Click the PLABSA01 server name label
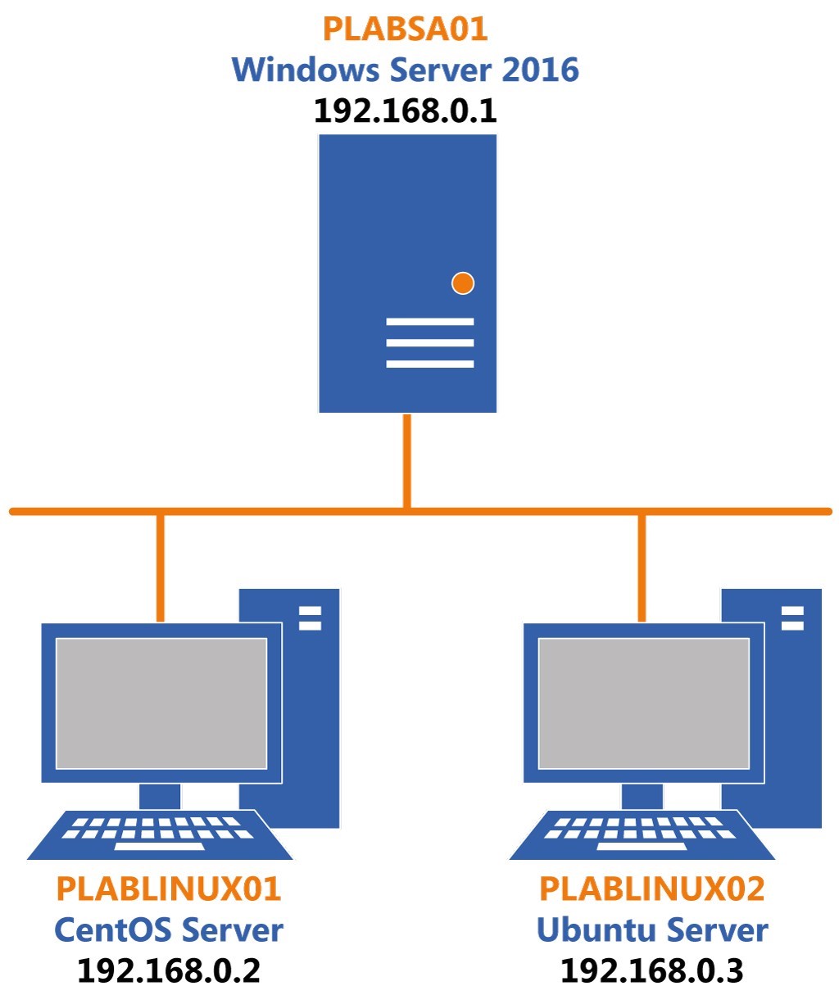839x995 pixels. click(405, 29)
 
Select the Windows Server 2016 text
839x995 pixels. click(405, 70)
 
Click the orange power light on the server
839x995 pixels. click(463, 283)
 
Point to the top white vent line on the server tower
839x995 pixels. click(430, 322)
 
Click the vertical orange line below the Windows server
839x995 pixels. click(406, 460)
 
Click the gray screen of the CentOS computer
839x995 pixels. click(161, 703)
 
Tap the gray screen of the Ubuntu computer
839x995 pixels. click(643, 703)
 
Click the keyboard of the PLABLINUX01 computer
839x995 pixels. click(160, 834)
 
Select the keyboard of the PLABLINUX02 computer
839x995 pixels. click(642, 834)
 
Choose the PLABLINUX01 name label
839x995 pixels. click(168, 889)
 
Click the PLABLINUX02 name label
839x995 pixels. click(651, 889)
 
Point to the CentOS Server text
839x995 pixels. click(168, 930)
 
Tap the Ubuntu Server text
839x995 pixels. click(651, 930)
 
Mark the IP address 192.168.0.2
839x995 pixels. click(168, 971)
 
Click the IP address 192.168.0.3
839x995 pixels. click(651, 971)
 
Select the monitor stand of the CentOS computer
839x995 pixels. click(160, 796)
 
